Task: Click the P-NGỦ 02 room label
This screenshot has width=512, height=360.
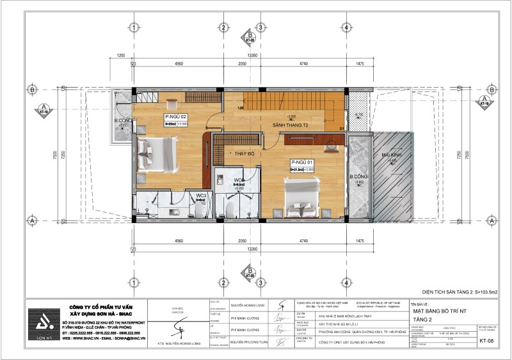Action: coord(175,117)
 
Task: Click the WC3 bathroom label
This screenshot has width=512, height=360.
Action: coord(200,194)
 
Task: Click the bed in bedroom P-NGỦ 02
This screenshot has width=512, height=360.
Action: coord(158,153)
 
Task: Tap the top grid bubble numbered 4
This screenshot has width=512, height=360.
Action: coord(346,27)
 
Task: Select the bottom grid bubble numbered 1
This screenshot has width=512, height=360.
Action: coord(133,282)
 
